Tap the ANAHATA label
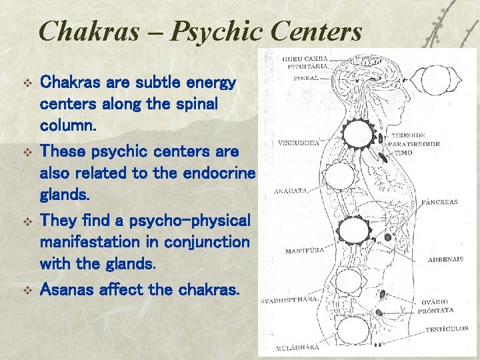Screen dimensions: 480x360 tap(291, 191)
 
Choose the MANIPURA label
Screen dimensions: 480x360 tap(305, 251)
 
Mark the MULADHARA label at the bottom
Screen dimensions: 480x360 tap(298, 347)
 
